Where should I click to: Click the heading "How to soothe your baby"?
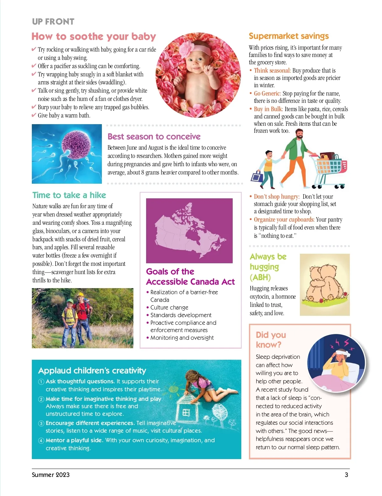(x=94, y=37)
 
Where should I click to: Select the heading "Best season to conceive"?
(x=154, y=137)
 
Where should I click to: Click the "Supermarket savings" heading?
(x=288, y=36)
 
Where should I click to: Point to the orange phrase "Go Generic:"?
(x=267, y=94)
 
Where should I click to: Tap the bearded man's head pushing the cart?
(x=299, y=134)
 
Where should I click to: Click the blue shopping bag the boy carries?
(x=257, y=176)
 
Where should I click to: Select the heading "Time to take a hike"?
(x=69, y=195)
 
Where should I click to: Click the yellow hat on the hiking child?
(x=81, y=294)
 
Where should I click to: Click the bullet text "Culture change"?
(x=169, y=308)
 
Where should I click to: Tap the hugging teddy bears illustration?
(x=325, y=284)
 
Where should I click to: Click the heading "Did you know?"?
(x=271, y=340)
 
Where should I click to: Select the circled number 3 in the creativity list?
(x=41, y=423)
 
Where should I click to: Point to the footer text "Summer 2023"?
(x=51, y=475)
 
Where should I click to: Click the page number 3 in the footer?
(x=346, y=475)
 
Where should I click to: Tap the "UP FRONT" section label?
(x=53, y=22)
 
